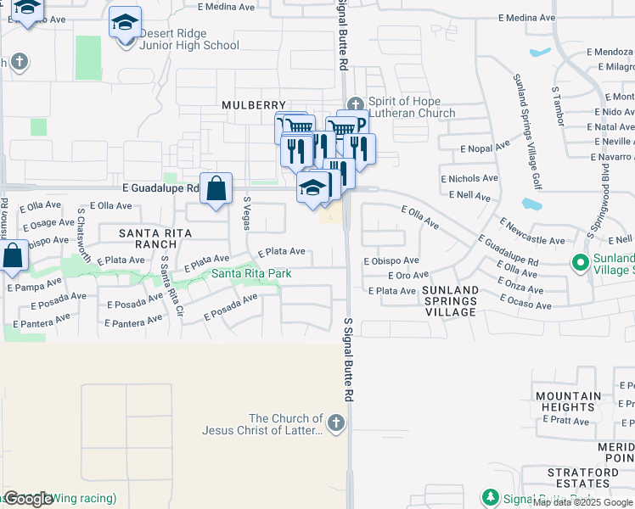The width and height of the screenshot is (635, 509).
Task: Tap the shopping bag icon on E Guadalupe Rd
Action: (x=216, y=188)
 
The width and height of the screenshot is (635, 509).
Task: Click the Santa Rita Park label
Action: (x=251, y=273)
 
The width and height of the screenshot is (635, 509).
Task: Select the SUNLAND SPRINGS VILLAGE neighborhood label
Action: (x=450, y=301)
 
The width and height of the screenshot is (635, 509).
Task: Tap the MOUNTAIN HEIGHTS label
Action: (x=568, y=401)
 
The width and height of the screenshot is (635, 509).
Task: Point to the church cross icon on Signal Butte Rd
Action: (x=337, y=422)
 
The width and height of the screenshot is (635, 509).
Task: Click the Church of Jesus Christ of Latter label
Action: (x=262, y=424)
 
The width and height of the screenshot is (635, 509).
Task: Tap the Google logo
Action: (x=28, y=499)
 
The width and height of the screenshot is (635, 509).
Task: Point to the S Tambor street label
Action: (x=557, y=105)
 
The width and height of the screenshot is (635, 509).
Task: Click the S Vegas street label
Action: (x=246, y=211)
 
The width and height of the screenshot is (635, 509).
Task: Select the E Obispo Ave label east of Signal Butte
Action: (x=391, y=260)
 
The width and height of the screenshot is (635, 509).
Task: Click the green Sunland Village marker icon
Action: (x=582, y=263)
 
